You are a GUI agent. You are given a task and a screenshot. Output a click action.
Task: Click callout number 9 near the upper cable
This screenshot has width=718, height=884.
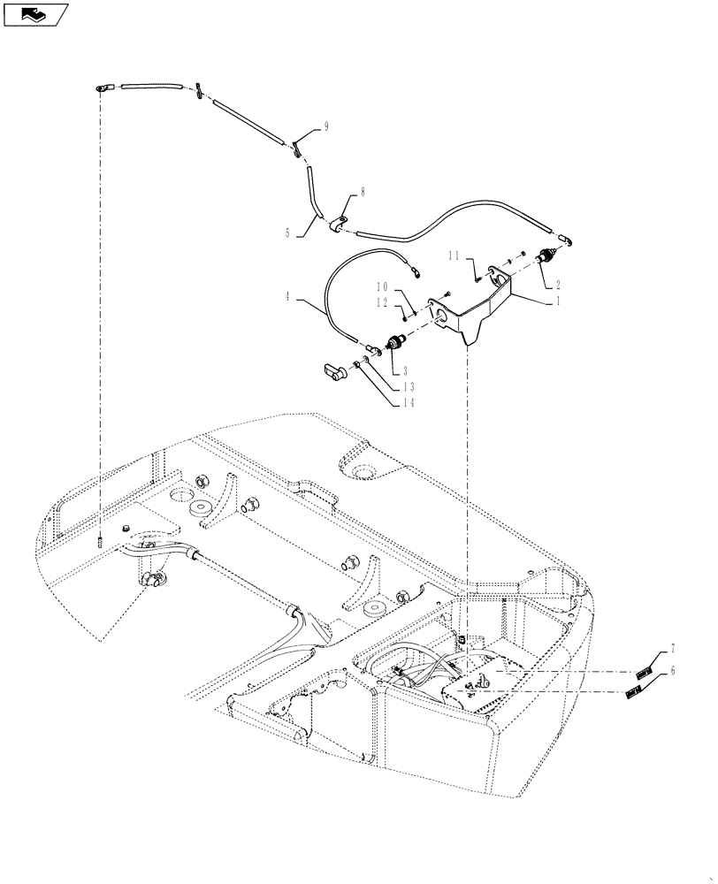coord(326,127)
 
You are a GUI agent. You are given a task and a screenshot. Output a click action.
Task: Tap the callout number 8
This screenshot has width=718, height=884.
coord(362,191)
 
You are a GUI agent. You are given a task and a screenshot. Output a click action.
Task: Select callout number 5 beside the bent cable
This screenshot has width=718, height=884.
coord(287,234)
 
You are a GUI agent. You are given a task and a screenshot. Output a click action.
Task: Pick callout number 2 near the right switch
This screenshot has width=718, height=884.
coord(558,285)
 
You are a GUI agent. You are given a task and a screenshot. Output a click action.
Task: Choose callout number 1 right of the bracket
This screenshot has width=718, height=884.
coord(558,301)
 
